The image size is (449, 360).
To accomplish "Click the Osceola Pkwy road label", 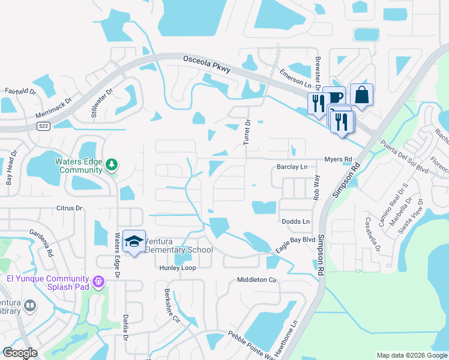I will (x=207, y=64).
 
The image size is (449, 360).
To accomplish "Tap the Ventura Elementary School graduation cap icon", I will (x=134, y=241).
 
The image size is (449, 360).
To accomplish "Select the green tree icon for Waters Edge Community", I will (x=111, y=164).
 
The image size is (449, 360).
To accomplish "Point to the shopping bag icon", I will (x=361, y=94).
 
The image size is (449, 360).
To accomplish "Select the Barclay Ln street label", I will (x=292, y=167).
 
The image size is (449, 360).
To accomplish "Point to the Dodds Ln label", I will (x=295, y=221).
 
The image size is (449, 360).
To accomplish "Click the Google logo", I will (x=20, y=353).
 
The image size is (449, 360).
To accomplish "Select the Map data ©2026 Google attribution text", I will (x=411, y=355).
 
